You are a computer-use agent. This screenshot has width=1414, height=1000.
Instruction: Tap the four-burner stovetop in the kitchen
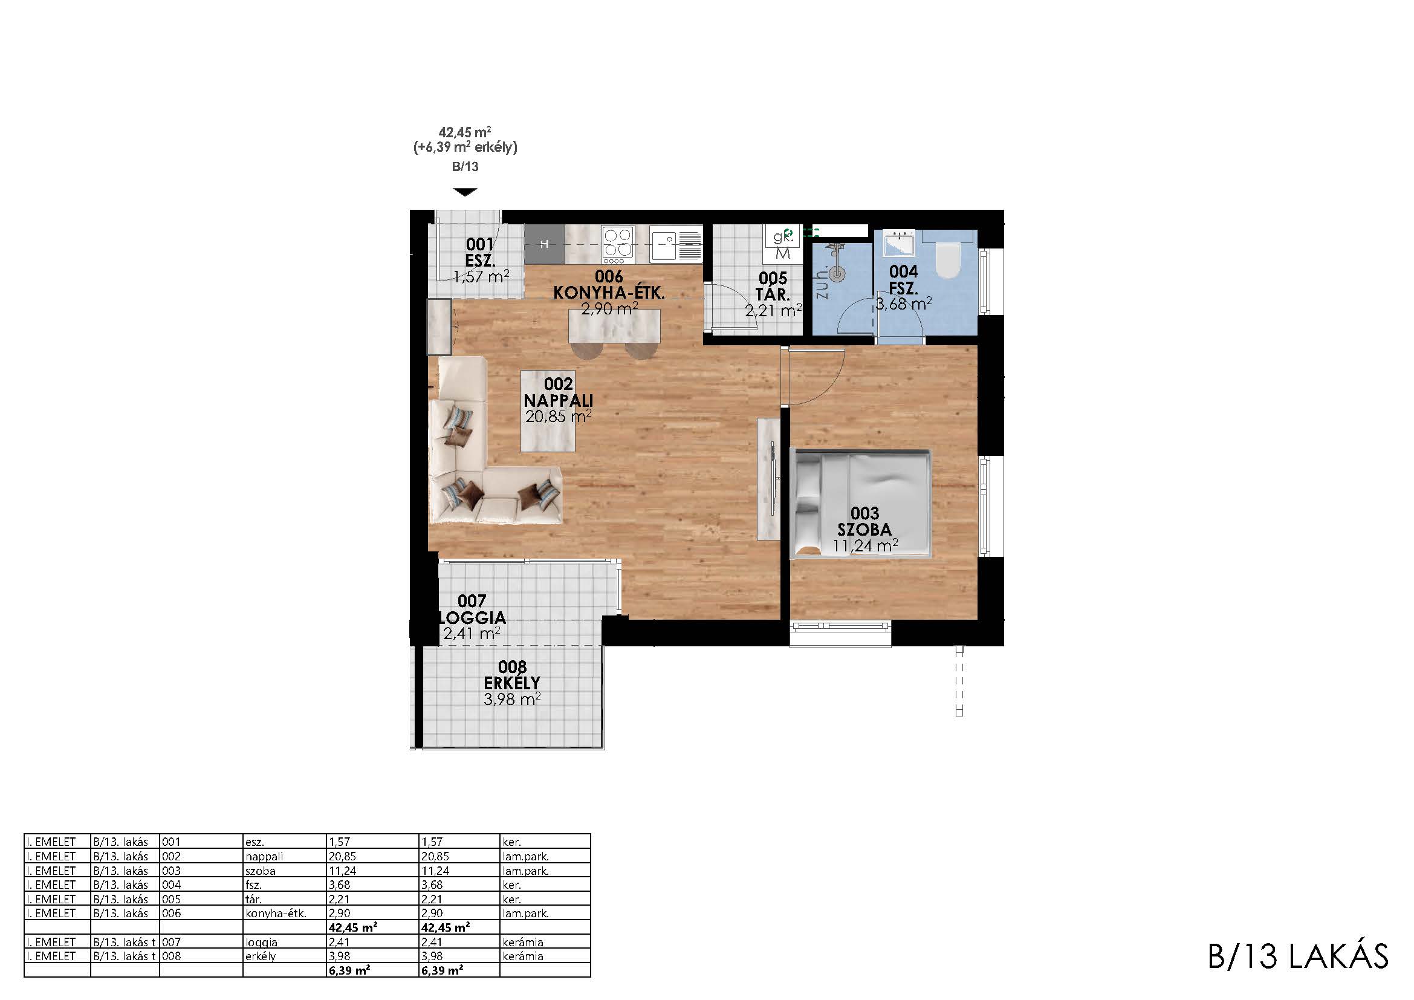click(x=618, y=244)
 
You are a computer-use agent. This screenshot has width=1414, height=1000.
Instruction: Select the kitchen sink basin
click(x=664, y=244)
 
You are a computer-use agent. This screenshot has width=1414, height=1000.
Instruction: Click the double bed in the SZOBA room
click(x=860, y=504)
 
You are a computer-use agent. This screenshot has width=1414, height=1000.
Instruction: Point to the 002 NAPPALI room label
click(x=558, y=392)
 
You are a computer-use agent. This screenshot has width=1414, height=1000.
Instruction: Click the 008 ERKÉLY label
click(x=512, y=675)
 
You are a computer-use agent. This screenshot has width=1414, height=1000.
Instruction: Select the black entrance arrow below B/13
click(x=465, y=192)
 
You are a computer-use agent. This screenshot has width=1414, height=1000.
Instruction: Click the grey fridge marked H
click(x=545, y=244)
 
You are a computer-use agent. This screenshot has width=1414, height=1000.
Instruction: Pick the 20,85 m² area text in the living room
click(x=558, y=416)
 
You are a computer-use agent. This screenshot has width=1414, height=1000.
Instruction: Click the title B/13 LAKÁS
click(x=1297, y=956)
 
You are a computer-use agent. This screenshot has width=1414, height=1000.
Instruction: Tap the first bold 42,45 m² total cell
click(x=353, y=927)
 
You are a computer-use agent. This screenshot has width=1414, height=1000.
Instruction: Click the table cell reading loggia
click(x=261, y=943)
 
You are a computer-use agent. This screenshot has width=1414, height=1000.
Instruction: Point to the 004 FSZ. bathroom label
click(x=903, y=279)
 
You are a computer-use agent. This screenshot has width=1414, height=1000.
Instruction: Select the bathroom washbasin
click(x=899, y=243)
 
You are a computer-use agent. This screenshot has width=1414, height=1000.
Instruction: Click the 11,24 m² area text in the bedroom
click(x=865, y=545)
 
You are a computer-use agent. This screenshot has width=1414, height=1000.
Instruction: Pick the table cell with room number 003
click(x=172, y=871)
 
